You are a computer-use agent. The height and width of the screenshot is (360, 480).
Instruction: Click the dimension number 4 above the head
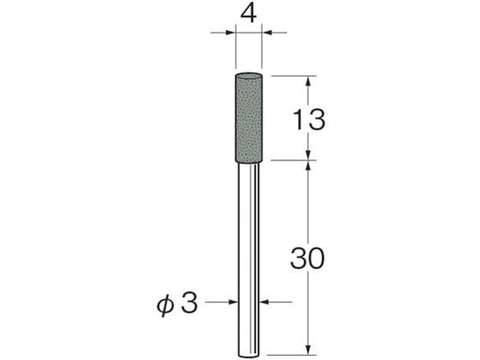tap(249, 15)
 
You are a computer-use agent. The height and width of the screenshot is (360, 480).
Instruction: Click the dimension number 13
tap(309, 120)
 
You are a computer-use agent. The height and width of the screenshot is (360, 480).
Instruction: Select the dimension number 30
tap(307, 259)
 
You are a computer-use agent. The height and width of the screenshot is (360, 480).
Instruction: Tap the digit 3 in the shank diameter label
tap(189, 303)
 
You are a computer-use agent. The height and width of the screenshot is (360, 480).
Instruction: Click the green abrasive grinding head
tap(249, 118)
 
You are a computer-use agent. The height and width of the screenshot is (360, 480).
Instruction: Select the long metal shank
tap(249, 261)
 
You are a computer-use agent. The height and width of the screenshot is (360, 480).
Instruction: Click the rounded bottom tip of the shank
tap(249, 357)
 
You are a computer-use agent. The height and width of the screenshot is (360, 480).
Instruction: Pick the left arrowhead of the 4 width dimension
tap(231, 33)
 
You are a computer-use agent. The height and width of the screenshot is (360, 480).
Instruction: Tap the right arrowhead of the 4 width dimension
tap(267, 33)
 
